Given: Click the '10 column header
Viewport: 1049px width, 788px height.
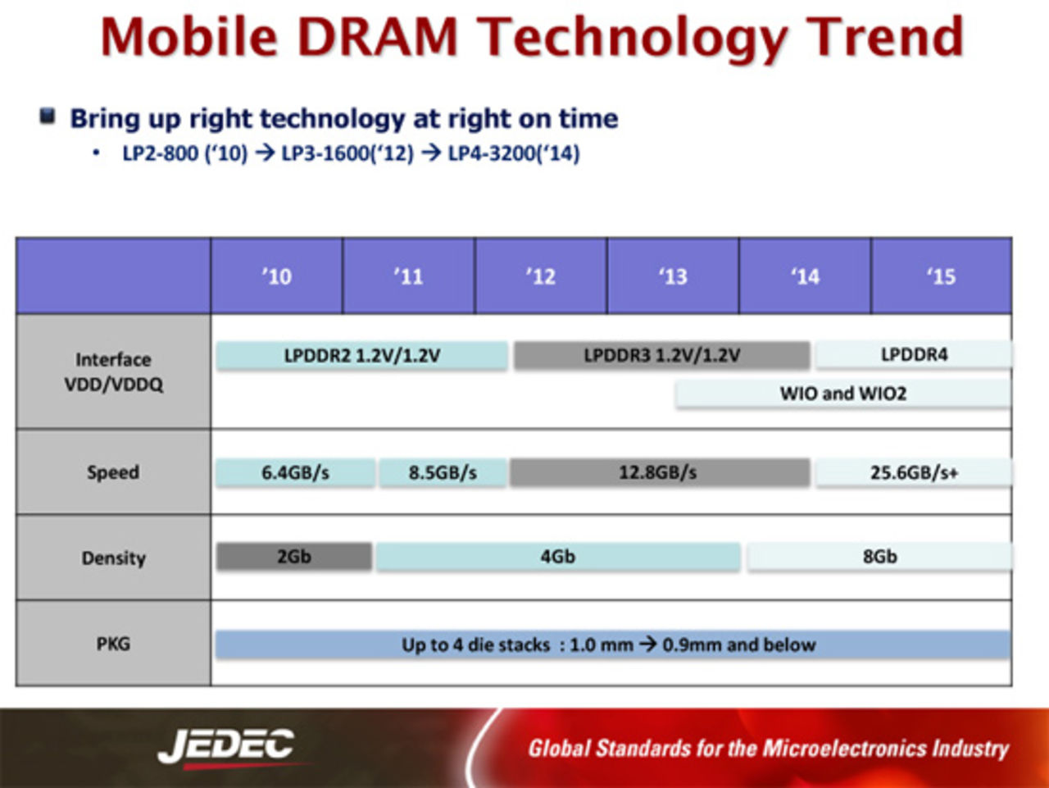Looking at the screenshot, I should coord(276,276).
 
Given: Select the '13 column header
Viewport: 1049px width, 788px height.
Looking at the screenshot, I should coord(673,276).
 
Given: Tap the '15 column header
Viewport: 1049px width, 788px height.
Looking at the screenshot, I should coord(941,276).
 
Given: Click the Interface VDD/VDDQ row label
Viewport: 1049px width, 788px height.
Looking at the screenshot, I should coord(113,371).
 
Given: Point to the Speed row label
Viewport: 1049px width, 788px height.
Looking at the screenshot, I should coord(113,472).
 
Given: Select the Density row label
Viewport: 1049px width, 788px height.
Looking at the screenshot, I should coord(113,558).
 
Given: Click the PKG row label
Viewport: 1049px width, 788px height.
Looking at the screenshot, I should coord(113,644).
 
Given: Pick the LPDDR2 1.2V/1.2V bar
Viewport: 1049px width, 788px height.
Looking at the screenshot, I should coord(361,356).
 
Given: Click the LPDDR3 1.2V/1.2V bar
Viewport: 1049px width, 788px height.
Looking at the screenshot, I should coord(661,356).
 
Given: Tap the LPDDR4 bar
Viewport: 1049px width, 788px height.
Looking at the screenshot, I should coord(913,355).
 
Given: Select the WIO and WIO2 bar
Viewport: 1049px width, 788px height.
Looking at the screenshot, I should coord(842,394).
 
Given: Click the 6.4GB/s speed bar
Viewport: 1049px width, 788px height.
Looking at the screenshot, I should coord(295,473).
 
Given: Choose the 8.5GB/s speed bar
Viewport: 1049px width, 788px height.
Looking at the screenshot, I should coord(443,473).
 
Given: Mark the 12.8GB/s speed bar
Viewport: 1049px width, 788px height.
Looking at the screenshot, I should coord(659,473).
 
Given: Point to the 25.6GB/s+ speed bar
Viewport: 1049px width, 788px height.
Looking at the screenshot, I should coord(913,473).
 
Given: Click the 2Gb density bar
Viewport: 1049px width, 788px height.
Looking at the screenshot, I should coord(293,557).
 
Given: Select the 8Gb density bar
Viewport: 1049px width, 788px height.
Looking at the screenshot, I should coord(879,557).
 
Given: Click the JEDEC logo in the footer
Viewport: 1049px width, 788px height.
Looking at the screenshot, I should coord(226,746).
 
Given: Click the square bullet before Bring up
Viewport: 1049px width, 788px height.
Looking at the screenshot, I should coord(48,116).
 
